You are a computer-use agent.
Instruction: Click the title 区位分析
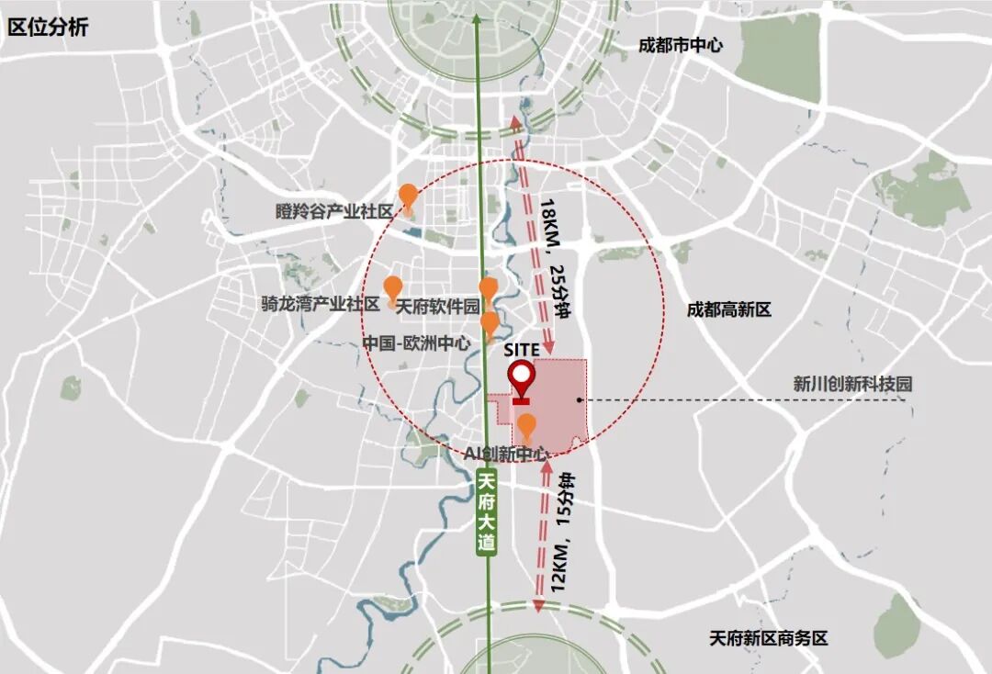click(48, 27)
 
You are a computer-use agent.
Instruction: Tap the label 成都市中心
click(681, 45)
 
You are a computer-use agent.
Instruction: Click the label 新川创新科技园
click(853, 385)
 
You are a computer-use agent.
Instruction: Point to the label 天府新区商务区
click(768, 637)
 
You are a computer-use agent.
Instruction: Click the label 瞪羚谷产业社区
click(333, 211)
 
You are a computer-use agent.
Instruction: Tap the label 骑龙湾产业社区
click(320, 304)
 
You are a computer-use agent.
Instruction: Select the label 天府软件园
click(437, 305)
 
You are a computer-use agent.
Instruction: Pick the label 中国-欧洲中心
click(416, 343)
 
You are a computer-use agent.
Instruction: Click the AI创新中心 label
click(507, 454)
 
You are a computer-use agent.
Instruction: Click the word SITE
click(521, 350)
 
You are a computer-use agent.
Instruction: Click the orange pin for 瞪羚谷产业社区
click(408, 197)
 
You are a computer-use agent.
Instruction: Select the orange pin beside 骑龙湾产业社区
click(392, 287)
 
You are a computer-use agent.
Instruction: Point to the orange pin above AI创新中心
click(527, 426)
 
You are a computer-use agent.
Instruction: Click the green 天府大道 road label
click(487, 511)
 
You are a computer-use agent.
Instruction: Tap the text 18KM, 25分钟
click(556, 257)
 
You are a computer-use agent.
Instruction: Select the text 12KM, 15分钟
click(560, 532)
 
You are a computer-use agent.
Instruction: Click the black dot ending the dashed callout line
click(578, 400)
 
